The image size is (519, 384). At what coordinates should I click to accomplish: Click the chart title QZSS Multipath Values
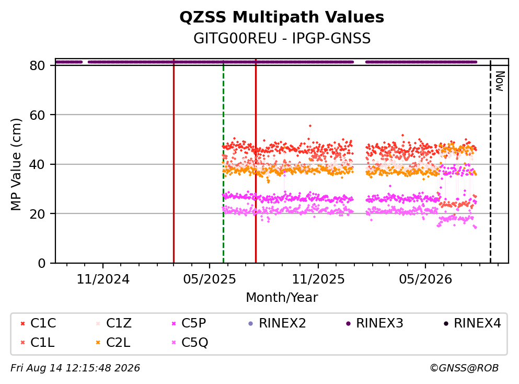pos(282,17)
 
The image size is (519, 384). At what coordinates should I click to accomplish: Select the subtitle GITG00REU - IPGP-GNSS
pos(282,38)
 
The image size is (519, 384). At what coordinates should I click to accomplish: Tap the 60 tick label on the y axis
pos(38,115)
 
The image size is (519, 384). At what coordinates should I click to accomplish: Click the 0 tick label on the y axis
pos(42,263)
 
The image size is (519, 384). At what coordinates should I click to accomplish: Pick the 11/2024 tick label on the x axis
pos(103,279)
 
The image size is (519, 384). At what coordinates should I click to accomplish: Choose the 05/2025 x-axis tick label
pos(210,279)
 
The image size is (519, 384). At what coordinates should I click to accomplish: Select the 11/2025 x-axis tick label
pos(318,279)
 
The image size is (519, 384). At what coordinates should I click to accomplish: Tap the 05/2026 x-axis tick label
pos(425,279)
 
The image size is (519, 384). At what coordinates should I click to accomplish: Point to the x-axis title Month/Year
pos(282,298)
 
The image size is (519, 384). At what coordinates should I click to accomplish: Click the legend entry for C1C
pos(38,323)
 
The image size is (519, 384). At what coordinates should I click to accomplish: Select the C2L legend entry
pos(113,342)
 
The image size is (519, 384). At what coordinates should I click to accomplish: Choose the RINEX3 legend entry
pos(374,323)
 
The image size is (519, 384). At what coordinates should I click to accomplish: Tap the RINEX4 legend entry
pos(472,323)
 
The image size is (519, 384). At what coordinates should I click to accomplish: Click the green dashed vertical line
pos(223,162)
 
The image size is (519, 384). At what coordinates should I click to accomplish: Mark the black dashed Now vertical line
pos(490,162)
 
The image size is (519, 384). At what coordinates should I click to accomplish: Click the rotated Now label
pos(500,81)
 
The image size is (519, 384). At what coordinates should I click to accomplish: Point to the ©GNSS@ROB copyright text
pos(464,368)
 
